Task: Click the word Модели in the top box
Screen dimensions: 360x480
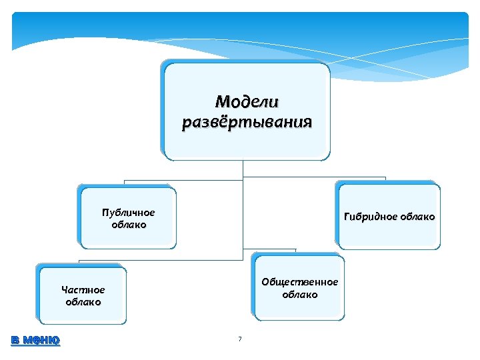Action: [247, 102]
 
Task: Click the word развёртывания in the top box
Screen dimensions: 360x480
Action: [247, 123]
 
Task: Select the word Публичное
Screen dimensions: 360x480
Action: [129, 213]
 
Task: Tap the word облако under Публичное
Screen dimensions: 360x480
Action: [129, 225]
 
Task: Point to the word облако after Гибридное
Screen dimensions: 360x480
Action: [419, 217]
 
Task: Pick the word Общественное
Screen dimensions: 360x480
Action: [300, 282]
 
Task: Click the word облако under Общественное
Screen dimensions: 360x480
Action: [300, 294]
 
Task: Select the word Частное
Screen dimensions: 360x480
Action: [83, 290]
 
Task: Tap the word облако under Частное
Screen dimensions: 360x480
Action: [83, 302]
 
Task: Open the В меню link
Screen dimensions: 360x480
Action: [35, 340]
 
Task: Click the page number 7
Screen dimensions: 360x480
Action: [240, 340]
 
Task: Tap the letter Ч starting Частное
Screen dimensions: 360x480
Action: [64, 290]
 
